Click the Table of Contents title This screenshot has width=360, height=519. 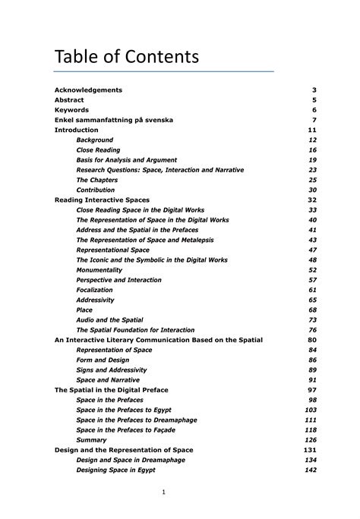pyautogui.click(x=126, y=57)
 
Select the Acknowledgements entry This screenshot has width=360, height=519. pyautogui.click(x=88, y=90)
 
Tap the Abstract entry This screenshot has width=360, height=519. pyautogui.click(x=69, y=100)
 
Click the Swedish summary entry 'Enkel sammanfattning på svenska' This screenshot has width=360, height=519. pyautogui.click(x=113, y=120)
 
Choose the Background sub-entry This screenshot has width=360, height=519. pyautogui.click(x=95, y=140)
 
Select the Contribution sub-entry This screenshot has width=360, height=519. pyautogui.click(x=96, y=190)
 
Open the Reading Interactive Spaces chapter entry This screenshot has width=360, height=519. pyautogui.click(x=102, y=200)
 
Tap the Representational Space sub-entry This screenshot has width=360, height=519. pyautogui.click(x=113, y=250)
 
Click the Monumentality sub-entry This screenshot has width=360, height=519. pyautogui.click(x=99, y=270)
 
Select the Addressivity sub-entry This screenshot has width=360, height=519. pyautogui.click(x=95, y=300)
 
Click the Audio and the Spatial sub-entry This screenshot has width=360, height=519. pyautogui.click(x=110, y=320)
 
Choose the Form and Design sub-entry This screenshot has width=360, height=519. pyautogui.click(x=103, y=360)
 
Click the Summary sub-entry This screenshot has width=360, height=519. pyautogui.click(x=92, y=440)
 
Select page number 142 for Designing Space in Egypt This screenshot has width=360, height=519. pyautogui.click(x=310, y=470)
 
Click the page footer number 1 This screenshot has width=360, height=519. pyautogui.click(x=163, y=492)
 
